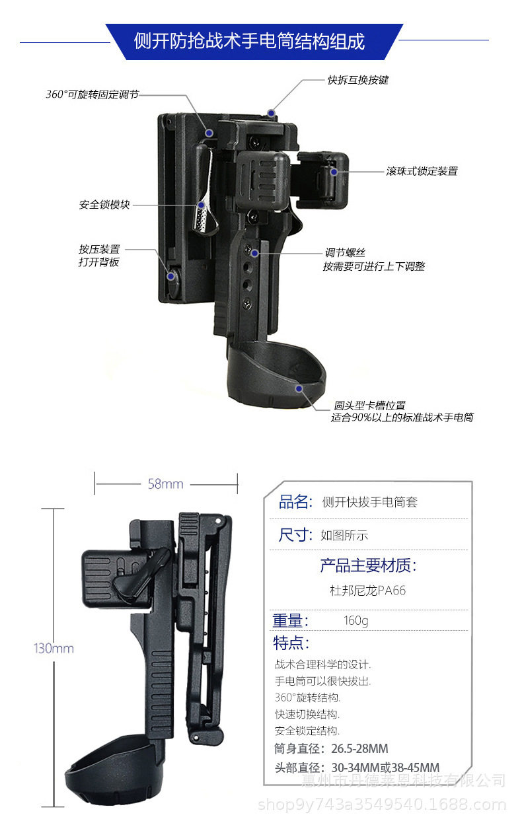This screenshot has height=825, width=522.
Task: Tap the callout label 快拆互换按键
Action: pos(357,80)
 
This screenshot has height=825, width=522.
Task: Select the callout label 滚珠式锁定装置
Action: pos(422,171)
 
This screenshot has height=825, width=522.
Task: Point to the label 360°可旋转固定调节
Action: pos(93,94)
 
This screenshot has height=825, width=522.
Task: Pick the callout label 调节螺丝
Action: pos(345,252)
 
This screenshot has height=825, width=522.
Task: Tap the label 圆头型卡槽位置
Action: pos(369,405)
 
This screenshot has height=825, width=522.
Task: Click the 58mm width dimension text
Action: pos(165,484)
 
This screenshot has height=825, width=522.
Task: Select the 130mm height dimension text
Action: pos(54,648)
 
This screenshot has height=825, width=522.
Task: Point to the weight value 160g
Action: pos(356,621)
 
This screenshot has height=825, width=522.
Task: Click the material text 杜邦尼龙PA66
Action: pos(367,590)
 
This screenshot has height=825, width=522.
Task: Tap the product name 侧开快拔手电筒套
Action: pos(370,502)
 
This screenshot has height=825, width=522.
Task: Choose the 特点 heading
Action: pos(291,643)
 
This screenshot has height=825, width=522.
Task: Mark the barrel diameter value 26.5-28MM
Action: pos(359,748)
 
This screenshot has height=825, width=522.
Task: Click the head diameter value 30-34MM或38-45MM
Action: pos(385,768)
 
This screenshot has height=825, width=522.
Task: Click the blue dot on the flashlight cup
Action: pos(299,388)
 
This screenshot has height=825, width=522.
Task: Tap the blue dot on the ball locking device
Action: pos(334,172)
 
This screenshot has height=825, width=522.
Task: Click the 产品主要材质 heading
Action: pos(368,565)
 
